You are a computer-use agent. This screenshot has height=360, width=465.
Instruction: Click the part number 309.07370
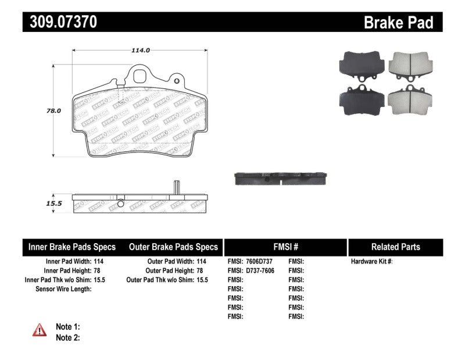pyautogui.click(x=60, y=22)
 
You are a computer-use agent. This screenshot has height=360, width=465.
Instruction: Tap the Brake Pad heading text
pyautogui.click(x=398, y=23)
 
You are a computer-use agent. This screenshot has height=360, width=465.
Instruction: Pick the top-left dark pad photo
pyautogui.click(x=360, y=65)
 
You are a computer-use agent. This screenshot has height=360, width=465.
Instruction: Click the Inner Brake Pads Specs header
pyautogui.click(x=72, y=247)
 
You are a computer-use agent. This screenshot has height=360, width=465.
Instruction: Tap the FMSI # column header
pyautogui.click(x=285, y=247)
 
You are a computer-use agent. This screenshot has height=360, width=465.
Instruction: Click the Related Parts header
pyautogui.click(x=396, y=247)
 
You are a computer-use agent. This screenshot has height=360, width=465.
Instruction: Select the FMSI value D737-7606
pyautogui.click(x=259, y=271)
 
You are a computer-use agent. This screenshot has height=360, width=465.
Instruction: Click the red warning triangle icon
pyautogui.click(x=40, y=330)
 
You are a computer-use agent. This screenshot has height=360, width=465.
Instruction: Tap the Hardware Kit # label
pyautogui.click(x=372, y=262)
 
